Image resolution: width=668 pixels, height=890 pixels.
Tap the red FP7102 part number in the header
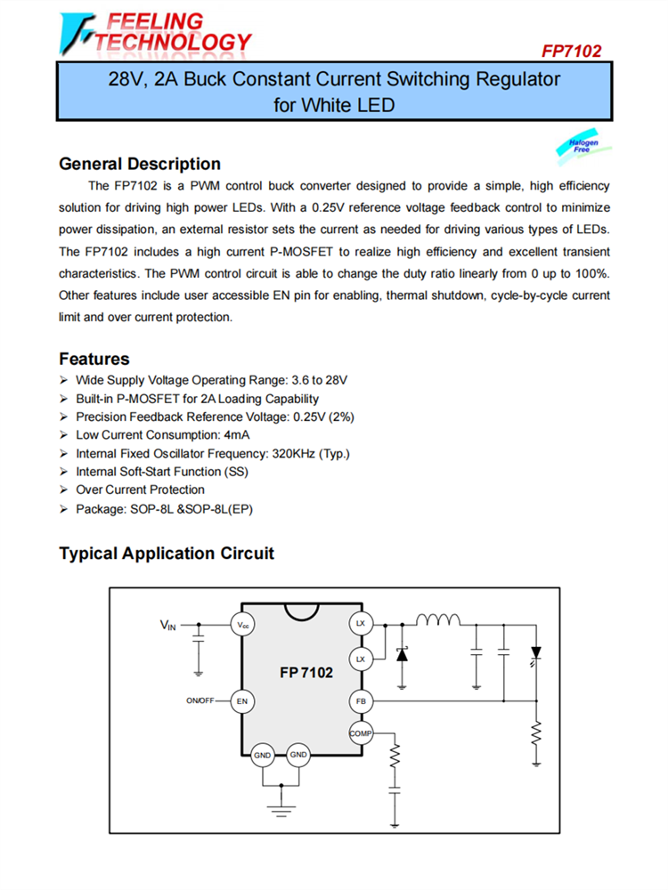(571, 51)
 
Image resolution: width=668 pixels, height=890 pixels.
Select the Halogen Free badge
(583, 146)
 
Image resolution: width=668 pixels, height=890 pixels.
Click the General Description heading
(140, 164)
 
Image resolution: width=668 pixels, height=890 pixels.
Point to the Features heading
(94, 359)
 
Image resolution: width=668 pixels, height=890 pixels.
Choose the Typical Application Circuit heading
(167, 554)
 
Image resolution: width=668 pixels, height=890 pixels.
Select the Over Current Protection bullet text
(140, 489)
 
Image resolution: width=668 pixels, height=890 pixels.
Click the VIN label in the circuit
(168, 626)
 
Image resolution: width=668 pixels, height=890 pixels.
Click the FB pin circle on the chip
(361, 701)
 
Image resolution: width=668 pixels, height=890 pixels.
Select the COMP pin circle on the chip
(361, 733)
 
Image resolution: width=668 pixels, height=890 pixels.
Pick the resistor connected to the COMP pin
(396, 757)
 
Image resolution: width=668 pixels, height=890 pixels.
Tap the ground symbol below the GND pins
(281, 807)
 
